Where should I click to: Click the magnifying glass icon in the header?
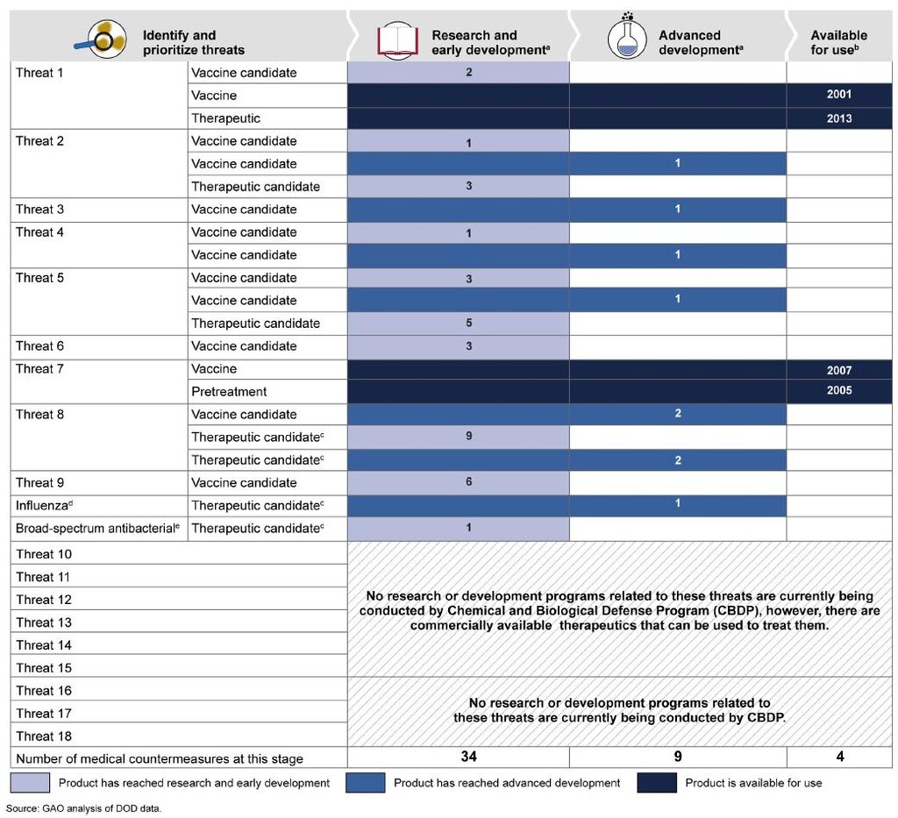point(101,39)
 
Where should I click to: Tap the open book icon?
point(397,40)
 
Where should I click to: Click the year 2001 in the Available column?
point(839,95)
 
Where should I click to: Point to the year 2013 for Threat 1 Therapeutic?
point(839,118)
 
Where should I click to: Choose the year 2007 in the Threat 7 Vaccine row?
point(839,370)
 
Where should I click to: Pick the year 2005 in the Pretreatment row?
point(839,390)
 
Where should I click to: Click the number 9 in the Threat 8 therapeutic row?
point(468,437)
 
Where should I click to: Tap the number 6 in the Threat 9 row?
point(468,482)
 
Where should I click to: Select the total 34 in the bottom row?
point(468,757)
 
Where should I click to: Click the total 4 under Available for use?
point(840,757)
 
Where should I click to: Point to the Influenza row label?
point(44,506)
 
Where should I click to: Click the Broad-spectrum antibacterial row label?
point(97,529)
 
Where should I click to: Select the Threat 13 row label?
point(44,622)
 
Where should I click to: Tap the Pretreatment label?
point(229,392)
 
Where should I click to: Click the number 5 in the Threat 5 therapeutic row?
point(468,323)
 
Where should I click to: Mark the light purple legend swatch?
point(30,783)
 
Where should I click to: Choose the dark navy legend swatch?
point(656,783)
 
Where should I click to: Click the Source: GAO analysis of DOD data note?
point(83,808)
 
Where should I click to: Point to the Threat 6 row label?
point(39,345)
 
